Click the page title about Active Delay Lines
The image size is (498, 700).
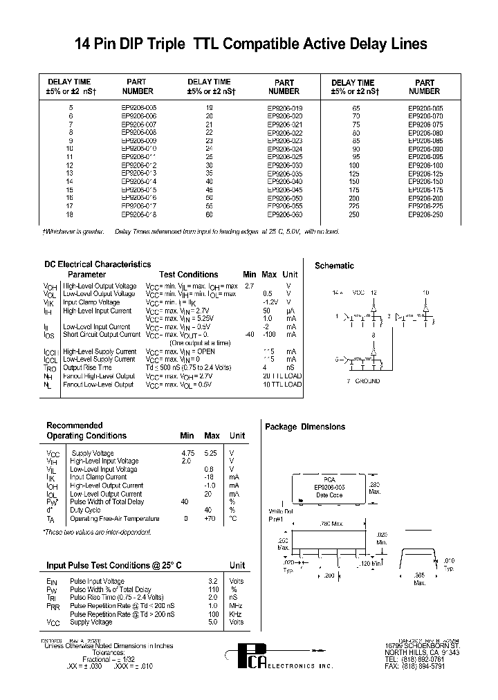pyautogui.click(x=250, y=44)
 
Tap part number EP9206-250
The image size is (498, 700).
pyautogui.click(x=424, y=214)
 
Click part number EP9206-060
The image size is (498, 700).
pyautogui.click(x=284, y=214)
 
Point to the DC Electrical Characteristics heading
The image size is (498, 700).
pyautogui.click(x=97, y=264)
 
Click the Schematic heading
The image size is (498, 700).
pyautogui.click(x=334, y=266)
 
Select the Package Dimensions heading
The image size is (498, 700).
pyautogui.click(x=305, y=427)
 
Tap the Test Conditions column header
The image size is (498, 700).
pyautogui.click(x=188, y=275)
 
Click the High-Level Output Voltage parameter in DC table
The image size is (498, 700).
pyautogui.click(x=99, y=286)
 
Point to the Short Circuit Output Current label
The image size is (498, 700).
pyautogui.click(x=101, y=335)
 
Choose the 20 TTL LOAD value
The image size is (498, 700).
pyautogui.click(x=282, y=376)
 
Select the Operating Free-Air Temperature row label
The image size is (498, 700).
pyautogui.click(x=115, y=519)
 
